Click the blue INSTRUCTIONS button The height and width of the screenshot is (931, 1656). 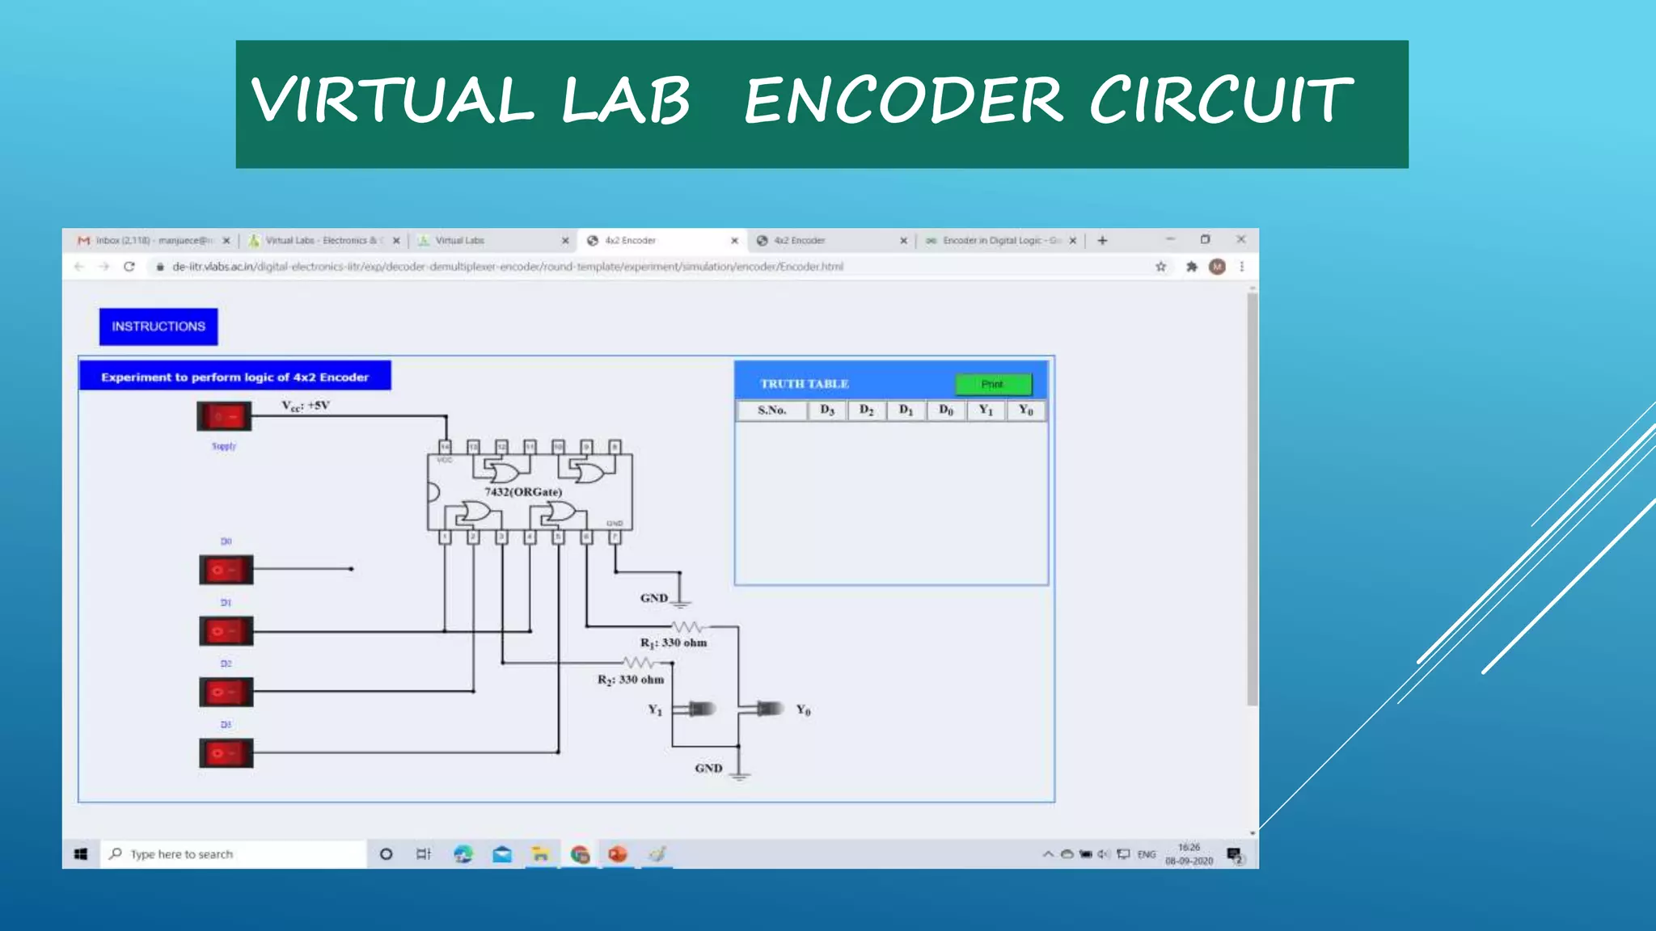158,326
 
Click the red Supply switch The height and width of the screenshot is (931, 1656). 224,416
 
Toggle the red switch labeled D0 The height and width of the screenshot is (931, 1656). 226,570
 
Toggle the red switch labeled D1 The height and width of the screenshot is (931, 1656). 226,631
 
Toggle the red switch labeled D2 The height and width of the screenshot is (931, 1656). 226,693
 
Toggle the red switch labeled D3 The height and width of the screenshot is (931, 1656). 226,753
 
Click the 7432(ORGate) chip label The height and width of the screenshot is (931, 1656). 523,491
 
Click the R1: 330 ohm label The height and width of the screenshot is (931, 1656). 674,642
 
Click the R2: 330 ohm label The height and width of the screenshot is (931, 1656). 631,680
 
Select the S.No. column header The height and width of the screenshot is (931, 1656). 771,411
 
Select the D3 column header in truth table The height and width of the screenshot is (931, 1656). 826,411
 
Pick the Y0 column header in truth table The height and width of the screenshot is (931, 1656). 1025,411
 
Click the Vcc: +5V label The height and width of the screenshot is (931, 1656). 306,406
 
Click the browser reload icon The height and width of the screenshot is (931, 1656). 129,267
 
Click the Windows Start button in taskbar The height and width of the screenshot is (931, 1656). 81,854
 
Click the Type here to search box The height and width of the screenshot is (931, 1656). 234,854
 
